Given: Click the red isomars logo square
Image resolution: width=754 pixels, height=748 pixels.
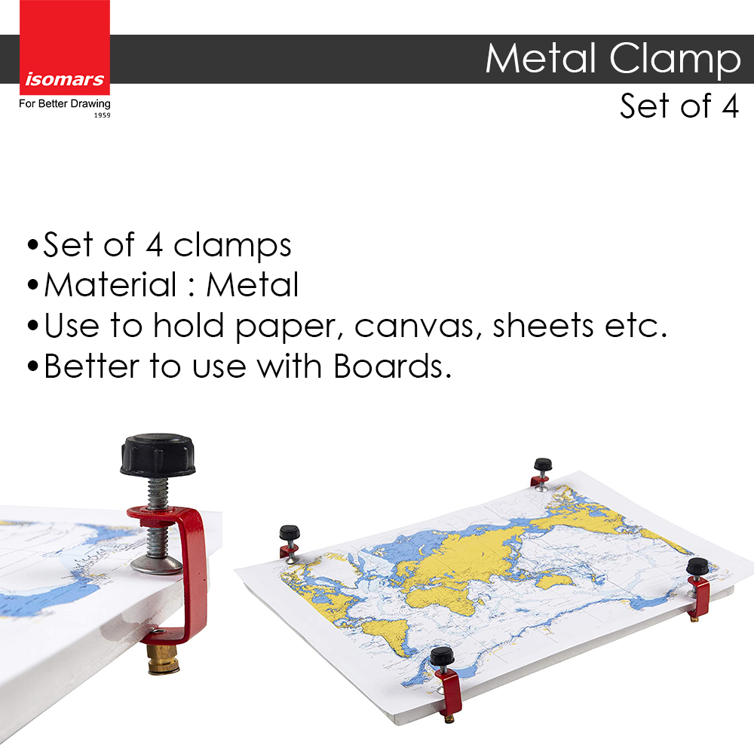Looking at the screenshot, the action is coord(64,48).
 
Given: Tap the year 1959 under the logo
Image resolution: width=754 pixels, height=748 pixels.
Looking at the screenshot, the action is coord(102,115).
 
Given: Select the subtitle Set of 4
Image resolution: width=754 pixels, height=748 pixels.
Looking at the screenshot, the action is coord(679,106).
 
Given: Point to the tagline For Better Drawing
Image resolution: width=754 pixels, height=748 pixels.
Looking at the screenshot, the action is coord(64,103).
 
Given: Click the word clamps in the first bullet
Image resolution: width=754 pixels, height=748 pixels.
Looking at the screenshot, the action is coord(232,247).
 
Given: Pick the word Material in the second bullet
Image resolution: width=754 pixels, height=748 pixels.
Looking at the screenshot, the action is coord(111,284).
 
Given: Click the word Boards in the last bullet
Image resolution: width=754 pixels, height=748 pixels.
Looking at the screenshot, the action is coord(392,366).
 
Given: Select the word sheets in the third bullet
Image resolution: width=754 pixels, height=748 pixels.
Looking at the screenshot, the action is coord(543,326).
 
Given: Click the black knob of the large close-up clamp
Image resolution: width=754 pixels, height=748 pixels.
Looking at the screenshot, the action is coord(158,455).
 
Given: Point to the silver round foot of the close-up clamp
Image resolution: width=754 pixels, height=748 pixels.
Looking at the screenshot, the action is coord(156,564).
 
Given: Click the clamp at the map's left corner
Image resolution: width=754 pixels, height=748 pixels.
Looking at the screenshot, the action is coord(289,544).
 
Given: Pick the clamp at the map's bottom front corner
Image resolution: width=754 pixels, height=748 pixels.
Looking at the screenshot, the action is coord(447,684).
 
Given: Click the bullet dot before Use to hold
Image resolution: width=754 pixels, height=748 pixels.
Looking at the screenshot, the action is coord(32,325).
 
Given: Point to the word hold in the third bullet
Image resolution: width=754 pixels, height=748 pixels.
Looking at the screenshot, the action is coord(188,325).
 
